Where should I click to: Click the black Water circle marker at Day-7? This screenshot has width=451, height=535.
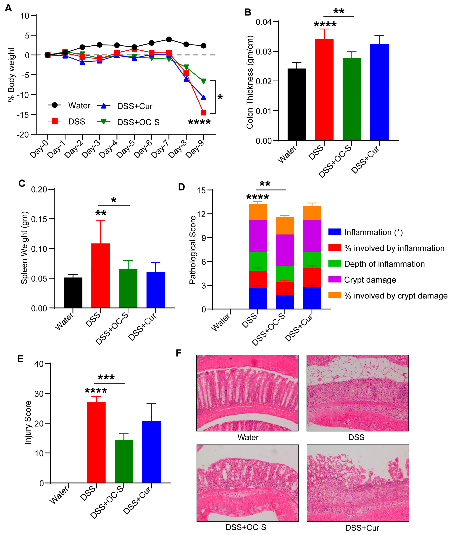[x=169, y=39]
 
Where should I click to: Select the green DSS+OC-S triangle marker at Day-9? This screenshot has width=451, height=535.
[x=203, y=81]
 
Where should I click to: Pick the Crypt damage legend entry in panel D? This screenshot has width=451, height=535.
[x=370, y=280]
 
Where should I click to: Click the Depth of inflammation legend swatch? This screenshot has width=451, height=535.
[x=335, y=263]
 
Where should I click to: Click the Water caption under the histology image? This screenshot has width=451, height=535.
[x=248, y=437]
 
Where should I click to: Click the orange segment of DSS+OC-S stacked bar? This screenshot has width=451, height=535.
[x=285, y=226]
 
